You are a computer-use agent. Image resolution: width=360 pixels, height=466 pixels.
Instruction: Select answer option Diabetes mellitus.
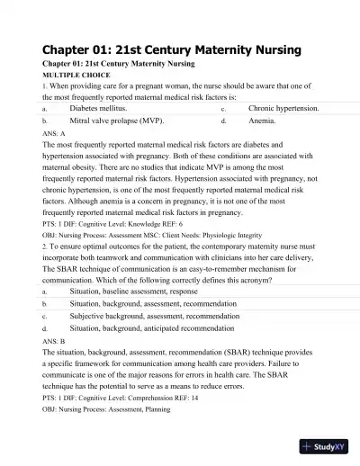click(x=104, y=106)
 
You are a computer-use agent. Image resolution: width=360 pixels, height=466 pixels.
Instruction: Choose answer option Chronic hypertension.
click(x=283, y=106)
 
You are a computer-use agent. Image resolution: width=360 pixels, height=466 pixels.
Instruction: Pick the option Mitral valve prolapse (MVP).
click(x=117, y=119)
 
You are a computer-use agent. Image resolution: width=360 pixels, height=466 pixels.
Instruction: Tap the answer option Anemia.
click(x=263, y=119)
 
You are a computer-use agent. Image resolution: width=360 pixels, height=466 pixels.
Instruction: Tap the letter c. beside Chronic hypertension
click(x=223, y=107)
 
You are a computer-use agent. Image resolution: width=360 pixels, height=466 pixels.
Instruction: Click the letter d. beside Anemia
click(x=223, y=119)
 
